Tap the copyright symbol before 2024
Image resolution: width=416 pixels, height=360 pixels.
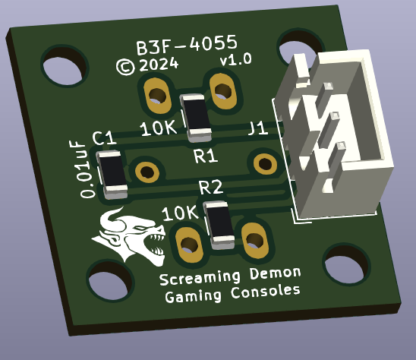click(125, 67)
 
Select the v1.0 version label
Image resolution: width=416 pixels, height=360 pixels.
click(236, 59)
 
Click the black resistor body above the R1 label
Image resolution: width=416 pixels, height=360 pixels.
click(197, 118)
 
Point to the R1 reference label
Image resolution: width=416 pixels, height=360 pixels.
click(206, 156)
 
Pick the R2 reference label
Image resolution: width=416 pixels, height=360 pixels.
click(211, 187)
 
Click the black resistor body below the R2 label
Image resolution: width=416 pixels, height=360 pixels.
click(219, 225)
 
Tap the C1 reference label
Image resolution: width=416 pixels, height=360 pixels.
click(104, 138)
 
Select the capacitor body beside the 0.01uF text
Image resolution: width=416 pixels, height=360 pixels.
click(112, 174)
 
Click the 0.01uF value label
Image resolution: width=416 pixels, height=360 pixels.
click(82, 169)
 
